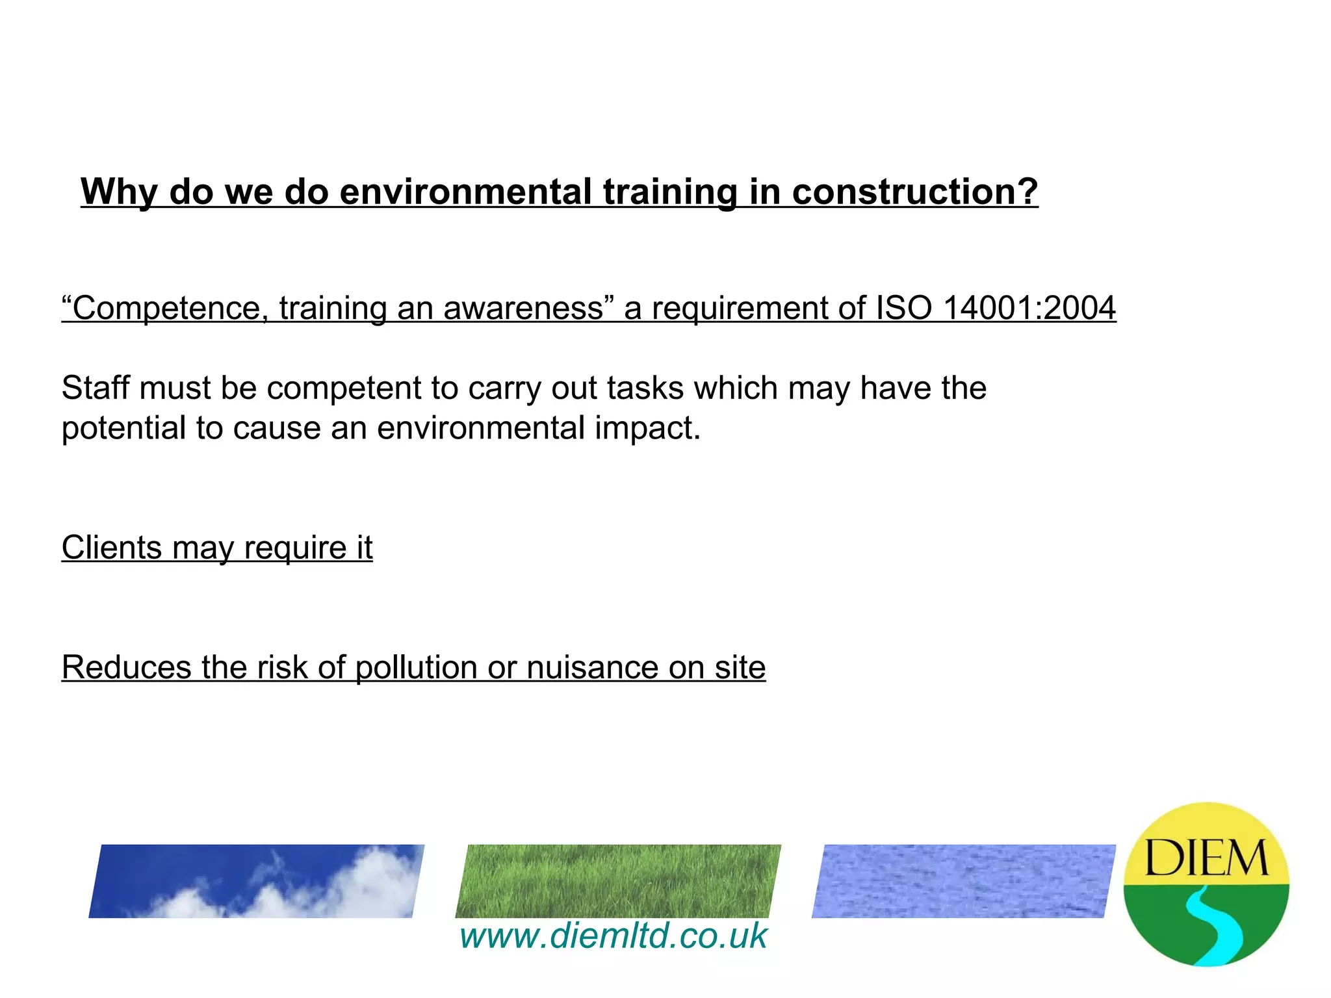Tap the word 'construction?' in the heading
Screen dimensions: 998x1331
[914, 192]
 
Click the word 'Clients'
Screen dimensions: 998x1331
[111, 547]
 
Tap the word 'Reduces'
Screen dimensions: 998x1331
[126, 667]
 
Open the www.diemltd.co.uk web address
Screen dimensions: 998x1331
[614, 936]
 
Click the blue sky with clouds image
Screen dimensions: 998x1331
[257, 881]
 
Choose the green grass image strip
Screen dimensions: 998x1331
[618, 881]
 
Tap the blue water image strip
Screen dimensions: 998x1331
[963, 881]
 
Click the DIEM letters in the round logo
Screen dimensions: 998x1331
[1206, 858]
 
